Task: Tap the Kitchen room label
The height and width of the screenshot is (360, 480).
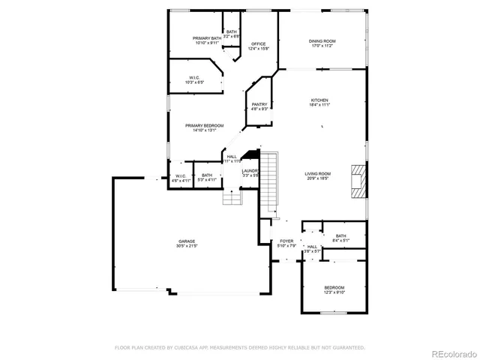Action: pyautogui.click(x=320, y=100)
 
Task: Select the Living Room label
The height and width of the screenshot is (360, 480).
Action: pyautogui.click(x=318, y=173)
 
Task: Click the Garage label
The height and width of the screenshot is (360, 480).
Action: pyautogui.click(x=187, y=241)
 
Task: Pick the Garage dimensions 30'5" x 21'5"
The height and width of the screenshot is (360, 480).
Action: pyautogui.click(x=187, y=246)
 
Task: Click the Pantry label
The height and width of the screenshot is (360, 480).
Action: pyautogui.click(x=259, y=104)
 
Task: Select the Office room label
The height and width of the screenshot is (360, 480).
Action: pyautogui.click(x=259, y=44)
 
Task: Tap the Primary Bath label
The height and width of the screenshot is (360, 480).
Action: pyautogui.click(x=206, y=38)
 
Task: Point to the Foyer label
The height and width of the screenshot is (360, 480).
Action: pyautogui.click(x=287, y=241)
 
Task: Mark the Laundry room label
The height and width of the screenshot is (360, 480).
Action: pyautogui.click(x=250, y=171)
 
